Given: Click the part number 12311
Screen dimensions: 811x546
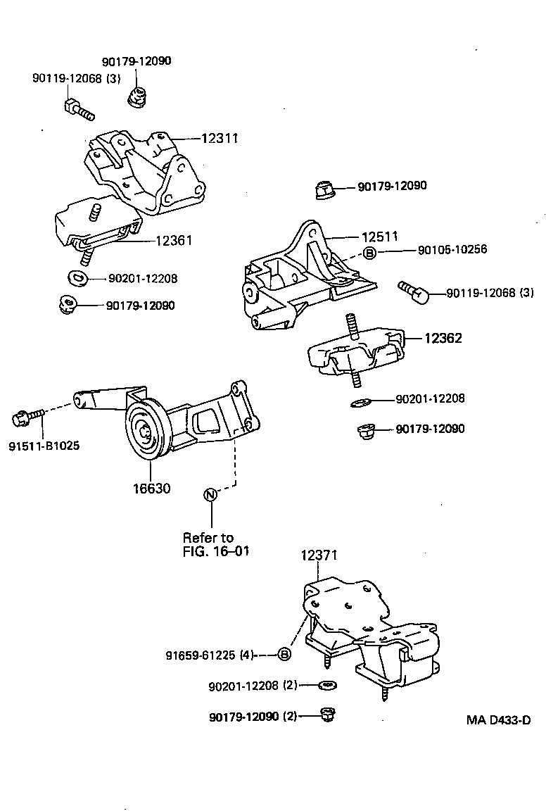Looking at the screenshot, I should click(x=220, y=139).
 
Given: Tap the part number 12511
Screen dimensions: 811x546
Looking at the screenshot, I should click(x=380, y=237).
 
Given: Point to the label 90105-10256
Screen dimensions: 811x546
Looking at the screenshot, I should click(x=452, y=250).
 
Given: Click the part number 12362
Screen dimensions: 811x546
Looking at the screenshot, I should click(x=443, y=339).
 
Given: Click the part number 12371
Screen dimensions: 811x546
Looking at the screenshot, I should click(x=319, y=555).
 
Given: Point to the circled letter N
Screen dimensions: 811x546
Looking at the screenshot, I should click(x=210, y=494).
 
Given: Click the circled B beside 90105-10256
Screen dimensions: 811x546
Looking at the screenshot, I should click(x=370, y=252).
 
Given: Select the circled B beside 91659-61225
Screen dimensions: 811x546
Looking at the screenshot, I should click(x=284, y=655).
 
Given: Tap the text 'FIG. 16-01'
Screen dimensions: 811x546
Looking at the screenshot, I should click(x=216, y=550).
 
